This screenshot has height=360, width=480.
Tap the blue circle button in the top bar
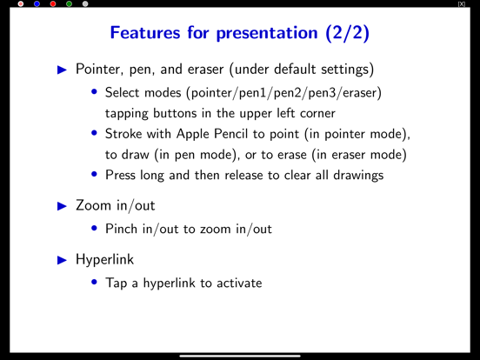(37, 4)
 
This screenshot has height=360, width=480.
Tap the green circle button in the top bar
(70, 4)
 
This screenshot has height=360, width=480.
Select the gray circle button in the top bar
(85, 4)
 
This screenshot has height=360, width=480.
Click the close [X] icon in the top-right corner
(461, 4)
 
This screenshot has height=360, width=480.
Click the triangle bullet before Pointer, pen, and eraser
(61, 69)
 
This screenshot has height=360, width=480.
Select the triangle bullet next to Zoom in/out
(61, 206)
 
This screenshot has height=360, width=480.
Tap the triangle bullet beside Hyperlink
(61, 259)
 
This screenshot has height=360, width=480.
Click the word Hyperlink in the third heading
(105, 259)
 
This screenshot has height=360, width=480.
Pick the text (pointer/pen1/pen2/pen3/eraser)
(282, 93)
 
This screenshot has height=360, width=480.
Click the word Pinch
(120, 230)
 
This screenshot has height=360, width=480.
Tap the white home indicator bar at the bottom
(240, 356)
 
